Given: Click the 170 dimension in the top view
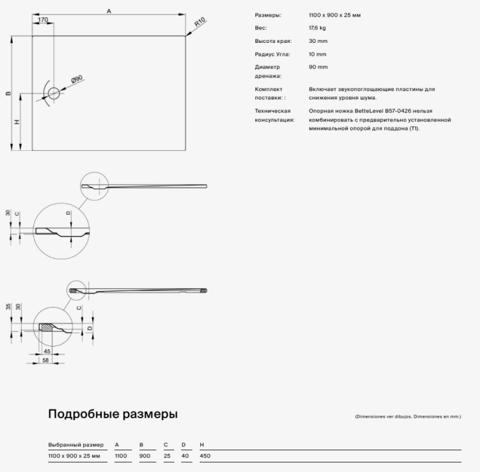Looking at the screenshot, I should [x=43, y=20].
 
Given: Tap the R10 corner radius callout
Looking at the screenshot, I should [x=199, y=24].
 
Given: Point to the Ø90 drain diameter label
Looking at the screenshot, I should [x=76, y=80].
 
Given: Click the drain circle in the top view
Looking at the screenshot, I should [x=53, y=93].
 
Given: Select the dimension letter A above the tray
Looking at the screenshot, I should [x=109, y=11].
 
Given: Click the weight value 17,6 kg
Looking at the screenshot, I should [x=317, y=28].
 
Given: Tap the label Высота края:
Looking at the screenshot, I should [x=273, y=41].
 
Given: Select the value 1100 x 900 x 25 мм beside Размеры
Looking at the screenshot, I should [x=334, y=15].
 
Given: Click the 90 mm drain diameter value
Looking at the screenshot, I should [x=317, y=67].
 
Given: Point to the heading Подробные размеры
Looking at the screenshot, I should [x=113, y=414].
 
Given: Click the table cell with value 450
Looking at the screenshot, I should [x=205, y=456].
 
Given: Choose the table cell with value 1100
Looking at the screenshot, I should [x=120, y=456].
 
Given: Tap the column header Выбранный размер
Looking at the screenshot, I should [x=76, y=444].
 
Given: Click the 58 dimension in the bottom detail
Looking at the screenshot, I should [x=45, y=361].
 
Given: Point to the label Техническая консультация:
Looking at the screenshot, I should [x=274, y=115].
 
